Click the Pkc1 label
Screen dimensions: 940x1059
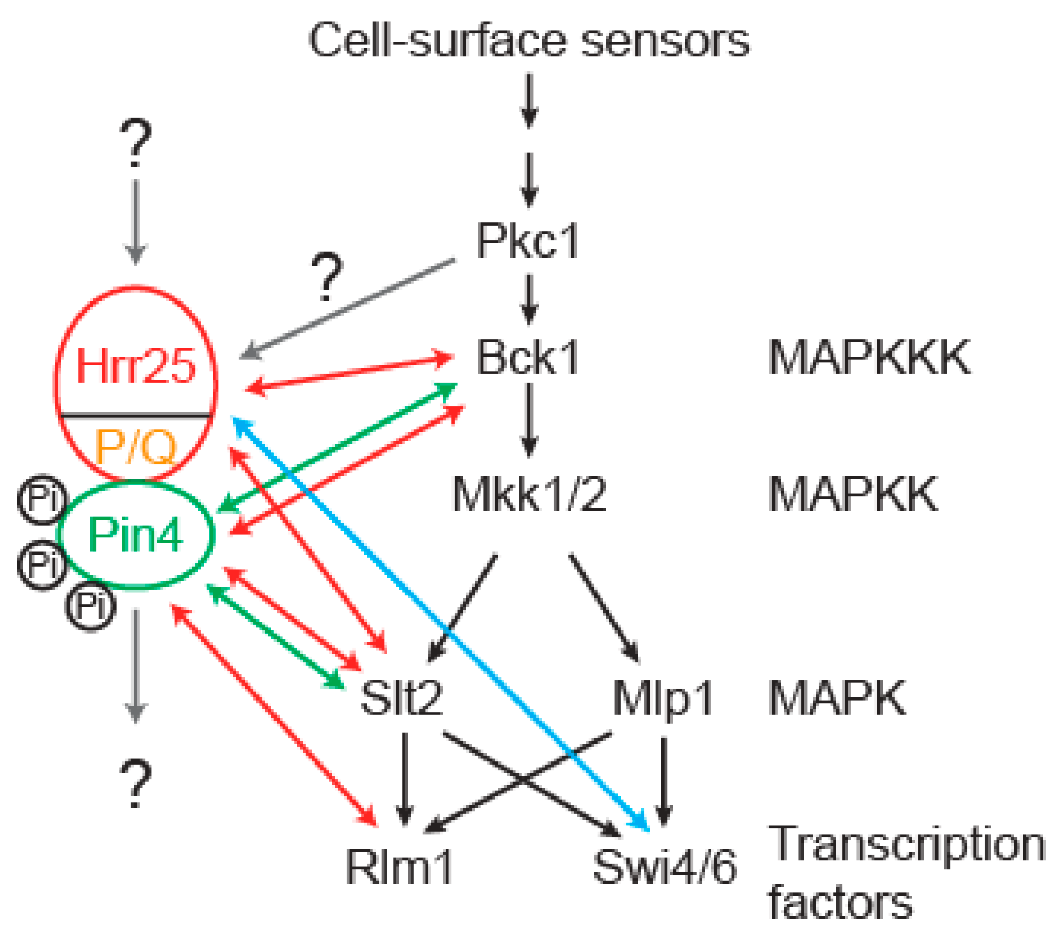tap(527, 241)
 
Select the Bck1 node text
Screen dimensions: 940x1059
tap(527, 358)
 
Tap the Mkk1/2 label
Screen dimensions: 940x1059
tap(529, 494)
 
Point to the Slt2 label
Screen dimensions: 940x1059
tap(401, 697)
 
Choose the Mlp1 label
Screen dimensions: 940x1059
tap(663, 697)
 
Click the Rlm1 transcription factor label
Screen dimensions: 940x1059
tap(399, 867)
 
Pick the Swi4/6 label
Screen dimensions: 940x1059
tap(665, 867)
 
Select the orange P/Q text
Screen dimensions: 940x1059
tap(135, 446)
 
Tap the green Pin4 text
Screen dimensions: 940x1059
tap(135, 535)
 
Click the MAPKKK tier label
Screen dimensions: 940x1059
tap(869, 358)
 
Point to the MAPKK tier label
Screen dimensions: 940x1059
tap(853, 494)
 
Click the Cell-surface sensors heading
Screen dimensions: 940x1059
tap(529, 41)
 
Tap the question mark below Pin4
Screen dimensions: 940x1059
tap(135, 783)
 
